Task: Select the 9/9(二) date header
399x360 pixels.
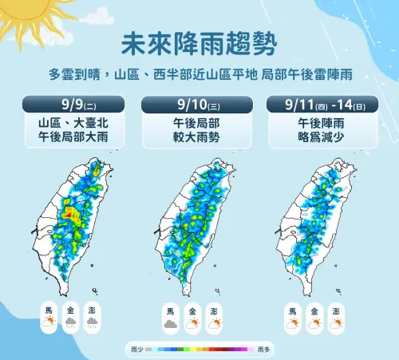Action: click(x=74, y=104)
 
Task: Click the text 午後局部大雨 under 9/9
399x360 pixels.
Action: click(x=74, y=137)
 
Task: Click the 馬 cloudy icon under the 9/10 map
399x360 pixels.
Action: click(x=170, y=324)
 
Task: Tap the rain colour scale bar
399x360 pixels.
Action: click(x=199, y=350)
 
